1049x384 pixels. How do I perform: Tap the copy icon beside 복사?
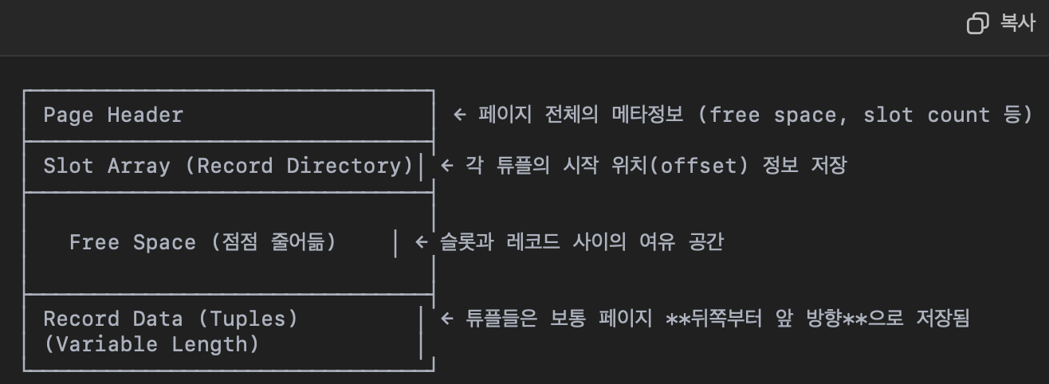(977, 24)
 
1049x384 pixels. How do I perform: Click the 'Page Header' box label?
(113, 115)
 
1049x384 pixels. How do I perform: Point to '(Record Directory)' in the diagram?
(305, 166)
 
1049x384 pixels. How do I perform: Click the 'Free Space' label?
(132, 242)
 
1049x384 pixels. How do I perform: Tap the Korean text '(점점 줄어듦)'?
(273, 242)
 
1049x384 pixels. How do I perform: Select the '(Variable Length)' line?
(151, 344)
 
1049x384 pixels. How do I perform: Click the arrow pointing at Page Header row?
(459, 115)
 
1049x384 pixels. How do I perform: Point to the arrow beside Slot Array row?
(446, 166)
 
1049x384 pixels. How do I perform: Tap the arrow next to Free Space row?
(421, 242)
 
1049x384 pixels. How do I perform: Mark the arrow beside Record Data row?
(446, 319)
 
